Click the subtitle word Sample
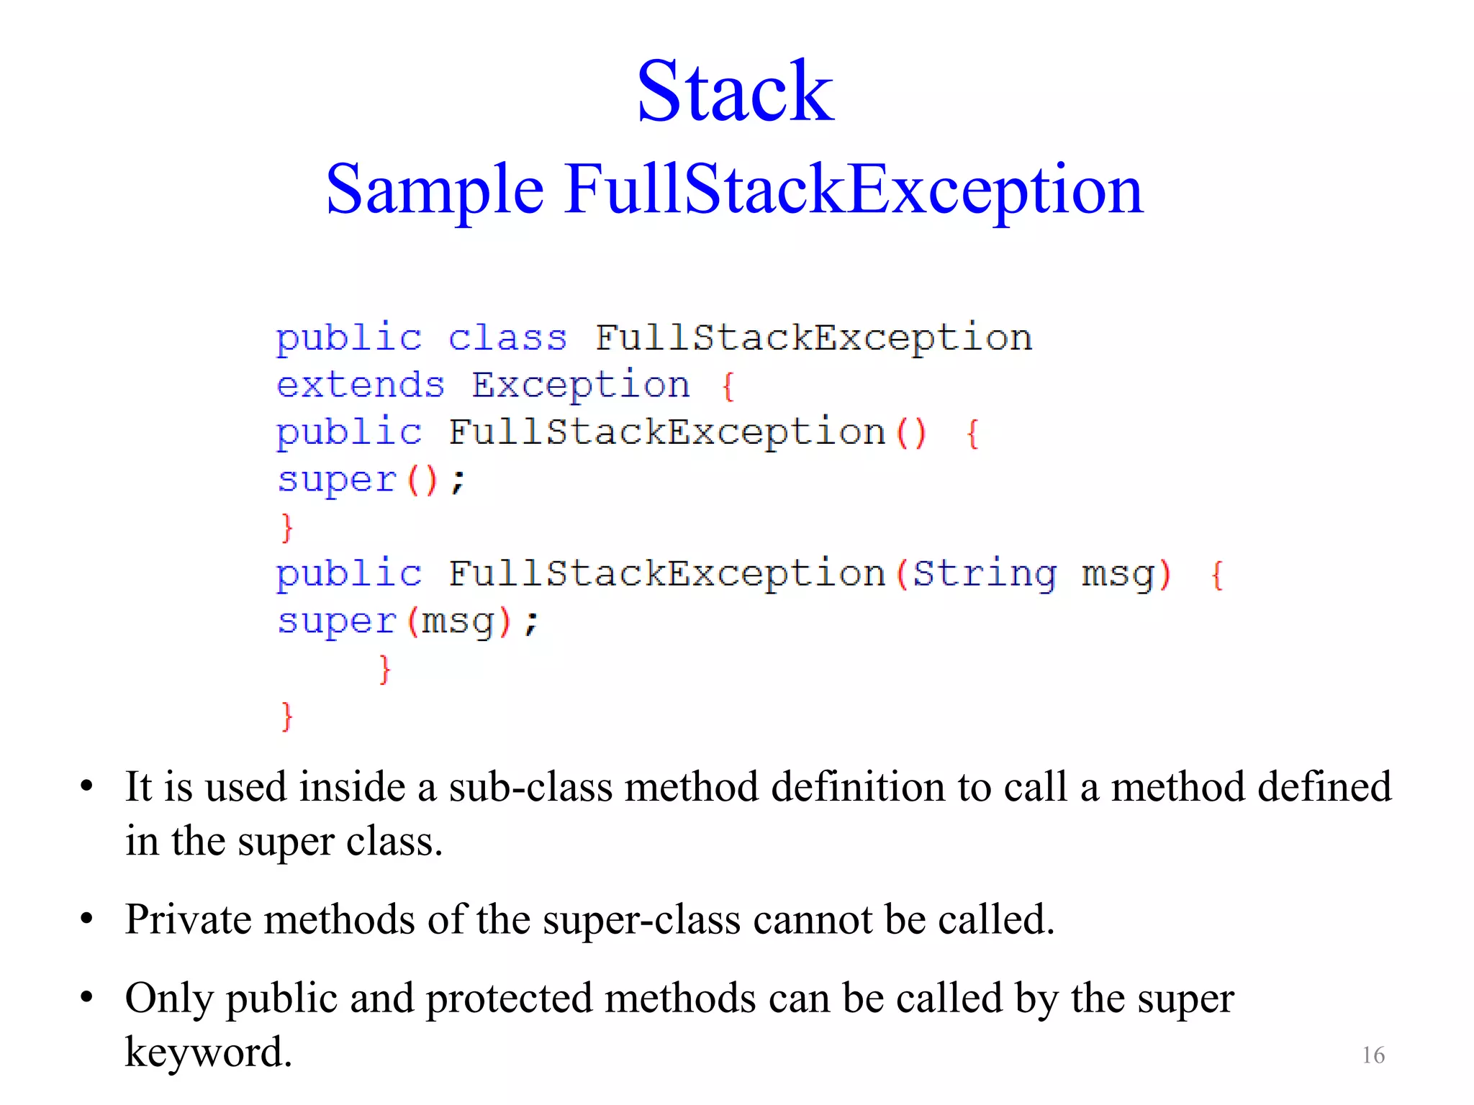coord(435,190)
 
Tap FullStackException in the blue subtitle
coord(854,190)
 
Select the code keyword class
coord(507,338)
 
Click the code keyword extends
coord(361,386)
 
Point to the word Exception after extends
coord(580,386)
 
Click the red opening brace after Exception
coord(728,386)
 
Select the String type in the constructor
coord(985,574)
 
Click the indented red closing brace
coord(385,669)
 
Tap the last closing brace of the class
coord(287,717)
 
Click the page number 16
coord(1373,1055)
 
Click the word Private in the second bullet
coord(188,919)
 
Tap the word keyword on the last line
coord(208,1052)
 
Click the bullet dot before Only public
coord(87,998)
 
